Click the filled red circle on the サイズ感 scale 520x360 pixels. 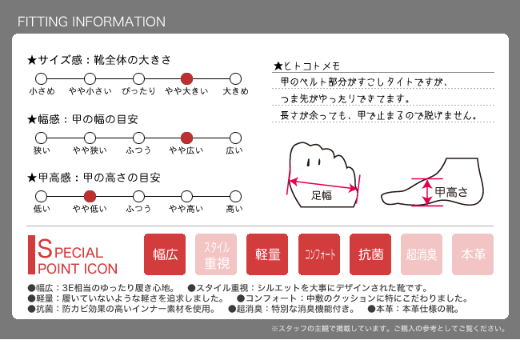186,79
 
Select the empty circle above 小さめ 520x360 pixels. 41,79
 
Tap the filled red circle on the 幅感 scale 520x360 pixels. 186,138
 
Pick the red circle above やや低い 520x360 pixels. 90,196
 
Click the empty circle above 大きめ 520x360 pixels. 235,79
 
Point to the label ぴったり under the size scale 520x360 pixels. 138,91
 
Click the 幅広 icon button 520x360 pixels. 165,254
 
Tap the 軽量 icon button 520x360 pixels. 267,254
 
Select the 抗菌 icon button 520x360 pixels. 370,254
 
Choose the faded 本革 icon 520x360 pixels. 473,254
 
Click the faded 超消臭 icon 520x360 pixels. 422,254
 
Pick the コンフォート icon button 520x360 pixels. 319,254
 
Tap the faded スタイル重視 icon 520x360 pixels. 216,254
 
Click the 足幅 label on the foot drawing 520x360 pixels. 322,195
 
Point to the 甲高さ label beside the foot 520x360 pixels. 451,192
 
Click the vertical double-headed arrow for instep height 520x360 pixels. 427,192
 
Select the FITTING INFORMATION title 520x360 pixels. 91,22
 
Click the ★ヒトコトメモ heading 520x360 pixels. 306,66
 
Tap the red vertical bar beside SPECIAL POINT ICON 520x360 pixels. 31,255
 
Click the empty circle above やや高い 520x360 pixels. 186,196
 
